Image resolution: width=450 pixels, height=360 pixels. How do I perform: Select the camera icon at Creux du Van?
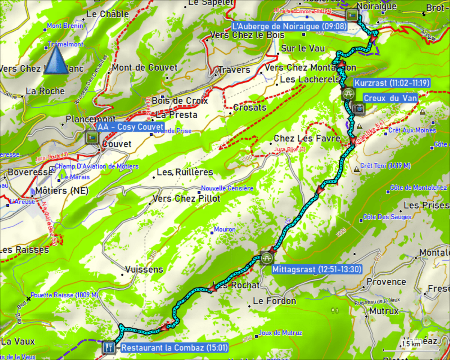358,108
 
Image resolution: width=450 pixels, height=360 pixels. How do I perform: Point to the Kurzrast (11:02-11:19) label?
391,83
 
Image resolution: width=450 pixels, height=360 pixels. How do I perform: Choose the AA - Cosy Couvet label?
130,127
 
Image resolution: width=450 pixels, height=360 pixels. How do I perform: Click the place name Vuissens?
144,269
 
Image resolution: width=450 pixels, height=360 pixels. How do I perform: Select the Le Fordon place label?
274,301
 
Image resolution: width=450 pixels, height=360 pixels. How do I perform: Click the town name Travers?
234,70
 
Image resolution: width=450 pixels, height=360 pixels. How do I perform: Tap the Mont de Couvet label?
145,68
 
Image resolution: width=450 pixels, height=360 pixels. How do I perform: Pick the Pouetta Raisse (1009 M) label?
64,295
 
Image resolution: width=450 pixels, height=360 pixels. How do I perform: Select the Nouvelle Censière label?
227,188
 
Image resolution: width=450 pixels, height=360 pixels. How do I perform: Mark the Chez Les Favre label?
307,138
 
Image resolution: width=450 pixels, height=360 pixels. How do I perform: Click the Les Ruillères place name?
185,172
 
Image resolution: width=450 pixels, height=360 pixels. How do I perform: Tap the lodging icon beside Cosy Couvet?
91,137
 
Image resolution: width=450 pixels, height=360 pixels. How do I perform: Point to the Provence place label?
386,282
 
